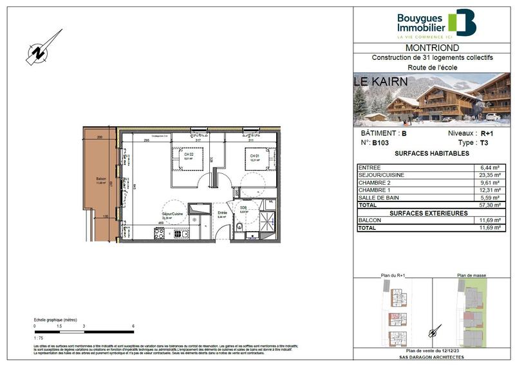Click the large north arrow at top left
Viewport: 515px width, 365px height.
point(44,47)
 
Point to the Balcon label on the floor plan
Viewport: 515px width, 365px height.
point(100,179)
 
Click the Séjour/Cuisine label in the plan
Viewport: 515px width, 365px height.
point(171,214)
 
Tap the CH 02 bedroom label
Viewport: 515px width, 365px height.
point(189,155)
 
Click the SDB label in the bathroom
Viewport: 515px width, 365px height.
point(243,208)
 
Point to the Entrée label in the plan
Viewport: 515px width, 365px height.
point(222,213)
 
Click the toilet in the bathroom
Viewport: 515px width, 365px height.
point(239,226)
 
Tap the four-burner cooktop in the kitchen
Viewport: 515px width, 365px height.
point(159,234)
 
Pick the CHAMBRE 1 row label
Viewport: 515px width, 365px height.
point(377,190)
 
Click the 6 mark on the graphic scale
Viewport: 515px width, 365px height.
point(133,327)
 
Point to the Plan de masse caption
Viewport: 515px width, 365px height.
point(472,275)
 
